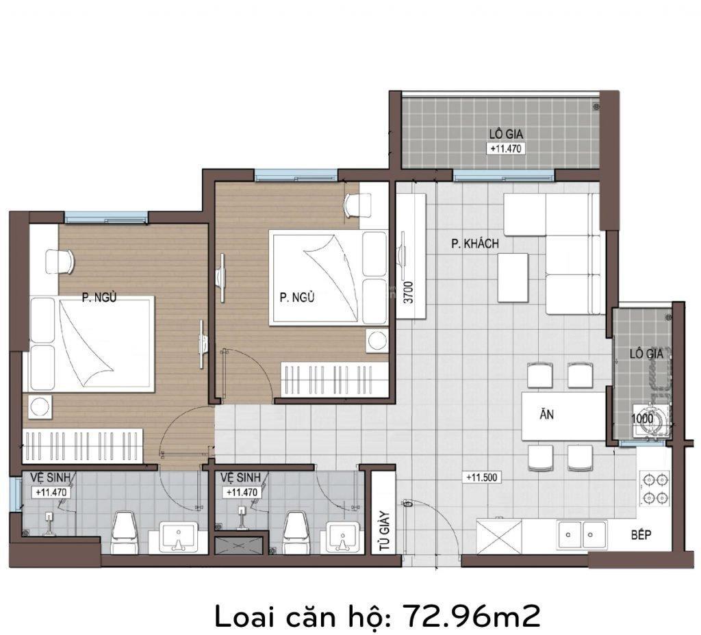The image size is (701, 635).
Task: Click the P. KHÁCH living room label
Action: (x=475, y=244)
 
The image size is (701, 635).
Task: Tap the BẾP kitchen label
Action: (x=641, y=534)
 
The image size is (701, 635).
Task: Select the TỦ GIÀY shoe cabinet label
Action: (x=384, y=530)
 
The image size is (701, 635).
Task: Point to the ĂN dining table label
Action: (x=546, y=414)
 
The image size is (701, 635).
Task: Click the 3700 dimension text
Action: (x=409, y=292)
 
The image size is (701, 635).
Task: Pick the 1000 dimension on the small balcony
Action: (x=642, y=419)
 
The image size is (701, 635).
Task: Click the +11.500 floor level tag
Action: (x=481, y=477)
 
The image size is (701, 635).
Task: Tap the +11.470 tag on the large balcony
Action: (x=506, y=148)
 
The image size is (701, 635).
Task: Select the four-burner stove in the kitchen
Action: (x=656, y=489)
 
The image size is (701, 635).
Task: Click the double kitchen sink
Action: (x=582, y=534)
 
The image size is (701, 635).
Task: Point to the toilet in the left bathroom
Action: (x=123, y=532)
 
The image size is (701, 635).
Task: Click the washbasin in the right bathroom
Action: (x=343, y=538)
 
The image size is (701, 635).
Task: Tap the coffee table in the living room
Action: (x=513, y=278)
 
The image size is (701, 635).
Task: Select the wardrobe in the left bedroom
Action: (x=83, y=445)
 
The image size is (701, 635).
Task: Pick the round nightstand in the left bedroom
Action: (x=40, y=406)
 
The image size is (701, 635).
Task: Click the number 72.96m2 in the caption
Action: (x=472, y=617)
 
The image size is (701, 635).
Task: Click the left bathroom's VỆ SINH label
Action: (x=51, y=478)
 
